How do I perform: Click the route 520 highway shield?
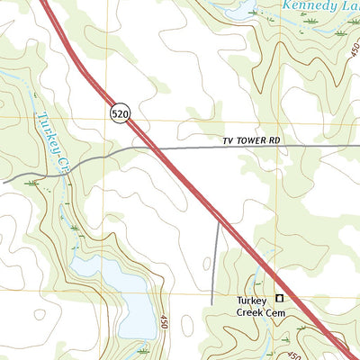pos(121,113)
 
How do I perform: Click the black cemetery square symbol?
pos(279,298)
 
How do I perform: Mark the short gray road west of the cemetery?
pos(216,261)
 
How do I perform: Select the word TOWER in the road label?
pos(260,142)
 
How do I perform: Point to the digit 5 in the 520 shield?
pos(116,113)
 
